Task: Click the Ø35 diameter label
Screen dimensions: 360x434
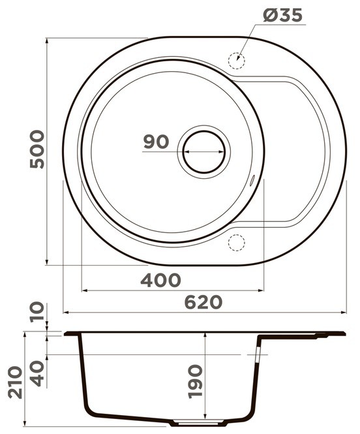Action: coord(282,15)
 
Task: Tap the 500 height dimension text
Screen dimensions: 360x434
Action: coord(37,149)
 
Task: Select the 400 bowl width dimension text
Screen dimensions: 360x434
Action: coord(160,280)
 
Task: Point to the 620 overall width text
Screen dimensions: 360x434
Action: coord(203,302)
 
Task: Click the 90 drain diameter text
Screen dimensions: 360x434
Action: coord(156,142)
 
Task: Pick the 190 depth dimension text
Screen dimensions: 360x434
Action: coord(195,381)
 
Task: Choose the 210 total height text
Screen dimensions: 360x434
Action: coord(15,382)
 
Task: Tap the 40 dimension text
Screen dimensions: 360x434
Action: coord(37,373)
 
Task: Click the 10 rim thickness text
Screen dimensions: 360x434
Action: coord(37,312)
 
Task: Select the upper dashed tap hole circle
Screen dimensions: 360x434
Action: coord(236,61)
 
